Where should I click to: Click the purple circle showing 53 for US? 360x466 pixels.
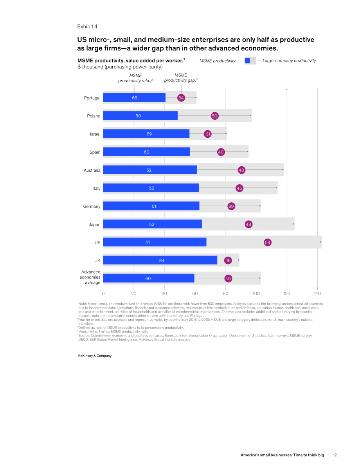click(x=268, y=243)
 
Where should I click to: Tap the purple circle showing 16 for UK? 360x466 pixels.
click(x=228, y=261)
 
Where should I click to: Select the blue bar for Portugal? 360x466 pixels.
click(x=134, y=97)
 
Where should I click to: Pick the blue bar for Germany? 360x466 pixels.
click(x=151, y=206)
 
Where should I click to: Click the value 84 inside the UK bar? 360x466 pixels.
click(x=162, y=261)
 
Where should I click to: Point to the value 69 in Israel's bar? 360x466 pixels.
click(x=149, y=134)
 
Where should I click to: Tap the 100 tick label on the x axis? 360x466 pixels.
click(x=256, y=293)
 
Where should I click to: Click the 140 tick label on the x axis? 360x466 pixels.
click(x=317, y=293)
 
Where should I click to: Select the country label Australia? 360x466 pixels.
click(x=92, y=170)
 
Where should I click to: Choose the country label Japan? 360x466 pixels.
click(x=95, y=225)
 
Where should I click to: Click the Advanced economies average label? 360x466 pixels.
click(x=90, y=277)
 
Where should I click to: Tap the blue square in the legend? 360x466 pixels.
click(x=247, y=61)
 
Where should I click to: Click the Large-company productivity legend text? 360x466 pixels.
click(x=289, y=61)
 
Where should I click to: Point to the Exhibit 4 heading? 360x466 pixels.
click(x=87, y=27)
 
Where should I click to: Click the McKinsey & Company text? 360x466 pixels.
click(x=95, y=356)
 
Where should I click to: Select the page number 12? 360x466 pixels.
click(x=335, y=455)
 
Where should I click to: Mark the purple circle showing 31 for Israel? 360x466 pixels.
click(x=208, y=134)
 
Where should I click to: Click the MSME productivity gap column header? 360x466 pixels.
click(x=181, y=78)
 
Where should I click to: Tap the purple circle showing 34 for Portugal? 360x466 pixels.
click(x=181, y=98)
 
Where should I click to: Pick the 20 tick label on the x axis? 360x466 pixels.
click(x=134, y=293)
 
